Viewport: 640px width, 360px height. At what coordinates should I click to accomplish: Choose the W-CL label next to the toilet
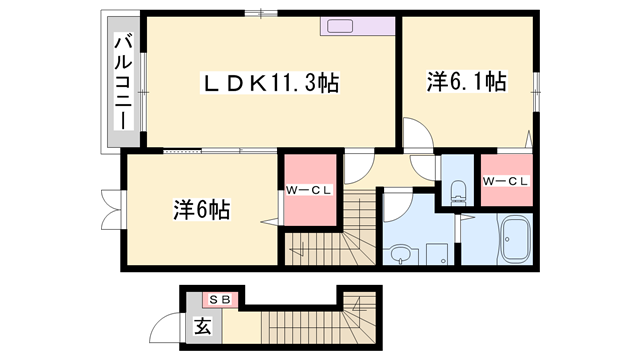[504, 181]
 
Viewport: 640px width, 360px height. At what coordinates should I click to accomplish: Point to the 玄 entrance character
[203, 326]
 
